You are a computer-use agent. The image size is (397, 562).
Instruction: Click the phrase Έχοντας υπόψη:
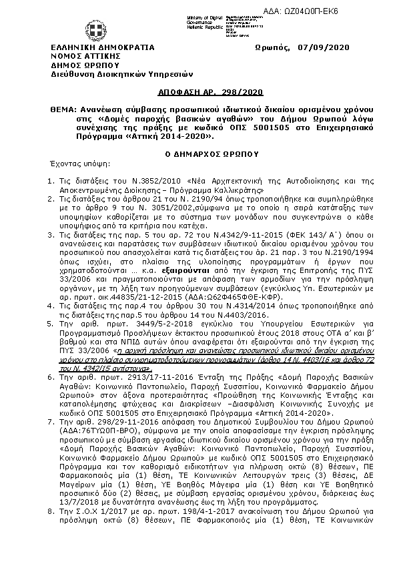tap(69, 162)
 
